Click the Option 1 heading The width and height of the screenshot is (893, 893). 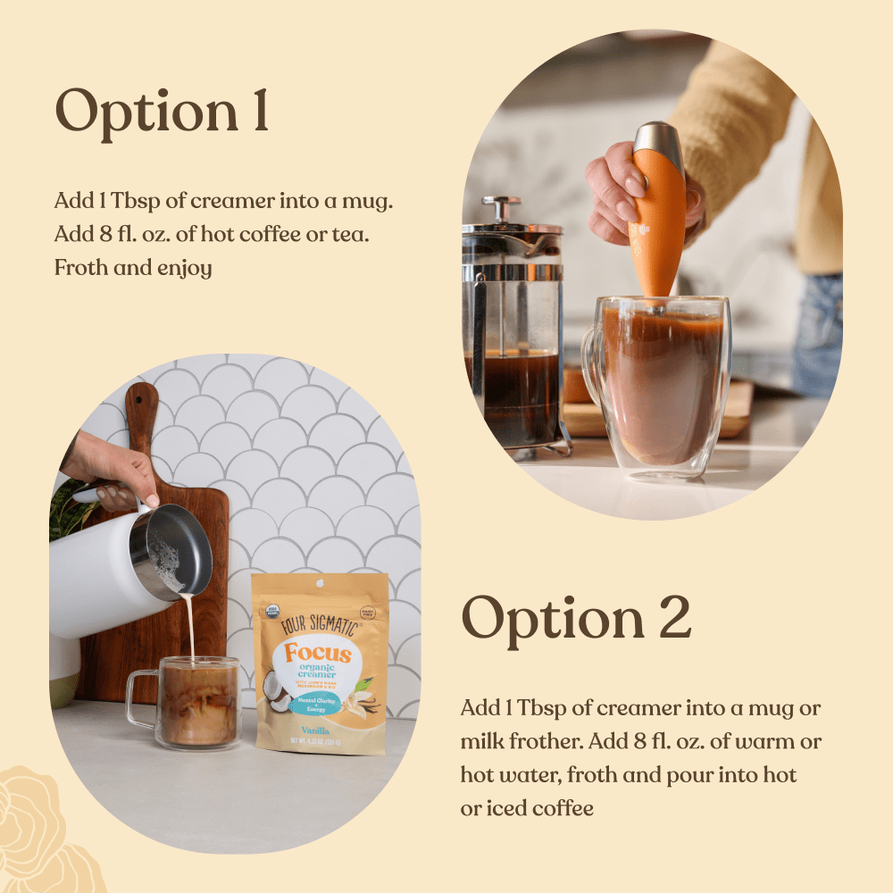(162, 112)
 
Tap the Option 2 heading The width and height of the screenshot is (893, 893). (576, 616)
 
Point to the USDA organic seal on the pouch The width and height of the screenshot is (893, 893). (272, 610)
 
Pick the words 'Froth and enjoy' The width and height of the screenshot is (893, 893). (133, 267)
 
